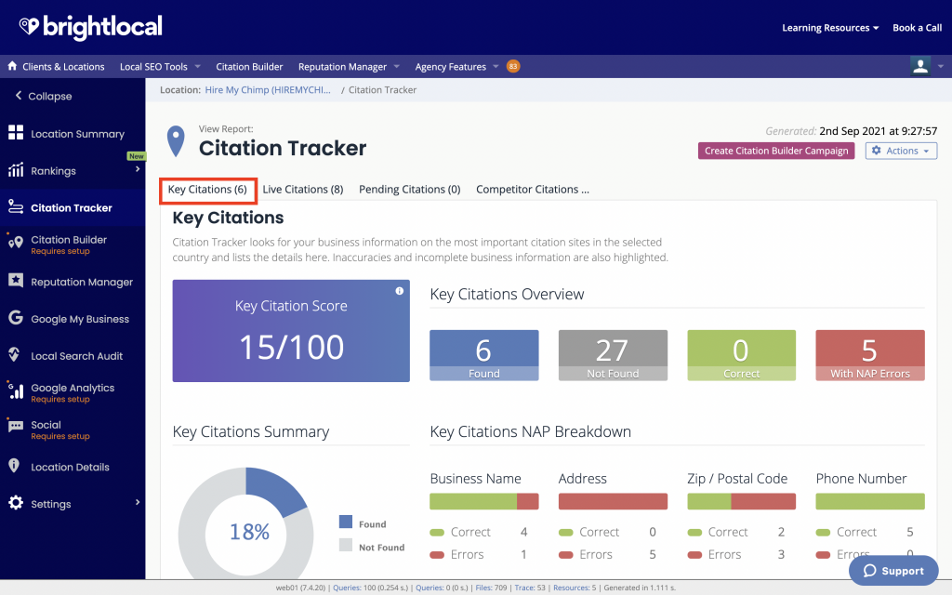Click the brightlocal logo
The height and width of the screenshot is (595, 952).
pos(90,27)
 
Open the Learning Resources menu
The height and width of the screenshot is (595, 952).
pos(830,28)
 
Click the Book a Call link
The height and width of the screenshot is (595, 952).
pos(917,28)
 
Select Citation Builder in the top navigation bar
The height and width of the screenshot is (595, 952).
pos(249,67)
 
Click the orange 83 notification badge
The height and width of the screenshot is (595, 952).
pos(513,66)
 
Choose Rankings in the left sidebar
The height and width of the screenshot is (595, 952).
pos(53,171)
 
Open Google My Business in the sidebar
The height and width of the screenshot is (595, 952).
pos(79,319)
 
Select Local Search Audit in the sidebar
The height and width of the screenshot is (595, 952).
pos(76,356)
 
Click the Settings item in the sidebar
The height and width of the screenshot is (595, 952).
pos(50,504)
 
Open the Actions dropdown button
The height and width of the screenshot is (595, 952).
pos(901,151)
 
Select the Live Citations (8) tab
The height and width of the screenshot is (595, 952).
pos(302,190)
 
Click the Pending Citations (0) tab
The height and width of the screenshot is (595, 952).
pos(409,190)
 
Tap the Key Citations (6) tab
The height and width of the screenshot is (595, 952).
pos(207,190)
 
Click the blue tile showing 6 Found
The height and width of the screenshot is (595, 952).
pos(483,355)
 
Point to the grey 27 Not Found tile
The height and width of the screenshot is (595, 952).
pos(612,355)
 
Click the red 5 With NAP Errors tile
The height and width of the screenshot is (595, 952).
pos(869,355)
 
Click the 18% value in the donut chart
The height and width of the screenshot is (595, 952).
pos(249,533)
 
